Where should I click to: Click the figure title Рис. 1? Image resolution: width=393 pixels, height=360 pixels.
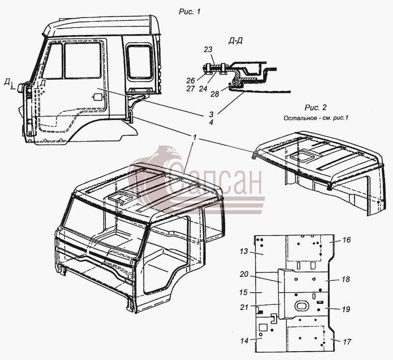pyautogui.click(x=190, y=11)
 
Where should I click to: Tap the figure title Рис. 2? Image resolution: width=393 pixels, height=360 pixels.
pyautogui.click(x=315, y=107)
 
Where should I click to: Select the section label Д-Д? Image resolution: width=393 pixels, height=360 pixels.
pyautogui.click(x=235, y=41)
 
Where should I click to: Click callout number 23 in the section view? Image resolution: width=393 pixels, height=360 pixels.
pyautogui.click(x=208, y=49)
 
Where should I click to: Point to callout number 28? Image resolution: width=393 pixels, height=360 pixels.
pyautogui.click(x=215, y=94)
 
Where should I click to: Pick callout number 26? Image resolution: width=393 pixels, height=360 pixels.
pyautogui.click(x=191, y=81)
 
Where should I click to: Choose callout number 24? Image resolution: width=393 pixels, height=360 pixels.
pyautogui.click(x=203, y=89)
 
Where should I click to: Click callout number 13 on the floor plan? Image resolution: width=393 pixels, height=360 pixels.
pyautogui.click(x=244, y=251)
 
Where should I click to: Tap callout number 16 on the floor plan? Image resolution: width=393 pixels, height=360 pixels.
pyautogui.click(x=346, y=240)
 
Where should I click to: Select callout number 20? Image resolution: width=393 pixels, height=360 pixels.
pyautogui.click(x=244, y=274)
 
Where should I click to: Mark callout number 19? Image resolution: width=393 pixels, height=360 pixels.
pyautogui.click(x=346, y=309)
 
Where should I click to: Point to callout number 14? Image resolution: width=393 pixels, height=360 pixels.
pyautogui.click(x=244, y=340)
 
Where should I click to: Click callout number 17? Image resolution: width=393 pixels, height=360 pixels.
pyautogui.click(x=347, y=341)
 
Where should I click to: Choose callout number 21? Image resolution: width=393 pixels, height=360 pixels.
pyautogui.click(x=244, y=307)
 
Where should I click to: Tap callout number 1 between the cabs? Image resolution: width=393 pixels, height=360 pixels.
pyautogui.click(x=195, y=137)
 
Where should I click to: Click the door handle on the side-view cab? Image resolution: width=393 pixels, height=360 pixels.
pyautogui.click(x=98, y=97)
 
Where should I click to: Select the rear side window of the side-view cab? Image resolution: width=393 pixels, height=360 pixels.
pyautogui.click(x=140, y=61)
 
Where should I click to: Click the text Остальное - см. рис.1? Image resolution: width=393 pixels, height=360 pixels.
pyautogui.click(x=316, y=118)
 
